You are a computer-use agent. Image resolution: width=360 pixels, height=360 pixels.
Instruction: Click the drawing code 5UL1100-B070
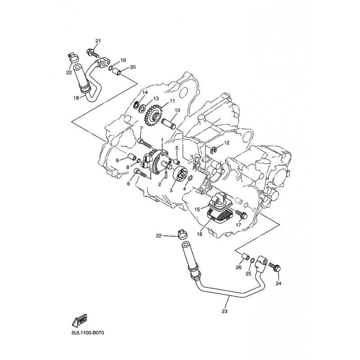coord(88,333)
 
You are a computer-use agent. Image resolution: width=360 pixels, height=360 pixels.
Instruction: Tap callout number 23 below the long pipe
coord(225,311)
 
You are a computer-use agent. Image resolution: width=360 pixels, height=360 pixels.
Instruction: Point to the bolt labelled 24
coord(274,268)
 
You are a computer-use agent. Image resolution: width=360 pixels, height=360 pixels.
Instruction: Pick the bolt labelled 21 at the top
coord(93,53)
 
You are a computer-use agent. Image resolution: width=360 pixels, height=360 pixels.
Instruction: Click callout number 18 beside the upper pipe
coord(76,98)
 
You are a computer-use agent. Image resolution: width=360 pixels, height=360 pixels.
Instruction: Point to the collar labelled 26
coord(245,256)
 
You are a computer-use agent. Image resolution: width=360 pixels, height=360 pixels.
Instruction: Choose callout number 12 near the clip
coord(226,143)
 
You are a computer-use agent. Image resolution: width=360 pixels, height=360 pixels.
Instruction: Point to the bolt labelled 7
coord(145,143)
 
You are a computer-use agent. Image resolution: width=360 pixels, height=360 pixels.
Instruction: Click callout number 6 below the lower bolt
coord(128,184)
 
